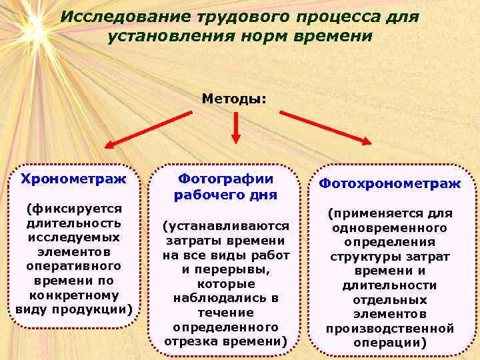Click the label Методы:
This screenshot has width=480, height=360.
coord(234,99)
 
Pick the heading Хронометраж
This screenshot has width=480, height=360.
coord(73,179)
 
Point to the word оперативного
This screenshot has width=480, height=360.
coord(73,267)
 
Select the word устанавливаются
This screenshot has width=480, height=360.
coord(227,226)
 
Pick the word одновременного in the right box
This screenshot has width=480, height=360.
coord(390,227)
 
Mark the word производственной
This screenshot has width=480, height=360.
coord(390,329)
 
